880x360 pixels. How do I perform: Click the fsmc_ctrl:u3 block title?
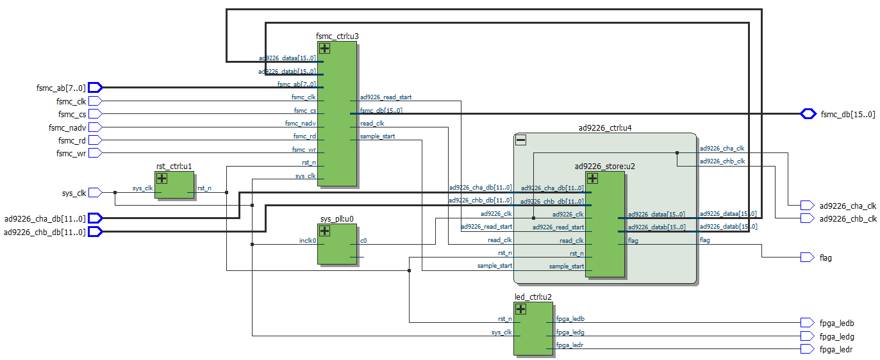click(337, 36)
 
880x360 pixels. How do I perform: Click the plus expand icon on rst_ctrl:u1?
click(162, 179)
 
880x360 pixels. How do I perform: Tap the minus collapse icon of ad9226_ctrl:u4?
click(521, 140)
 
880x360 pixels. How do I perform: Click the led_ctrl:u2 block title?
click(533, 297)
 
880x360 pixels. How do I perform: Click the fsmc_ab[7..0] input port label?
click(61, 88)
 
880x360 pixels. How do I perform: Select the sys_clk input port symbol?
click(95, 192)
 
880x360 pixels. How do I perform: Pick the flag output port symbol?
click(807, 258)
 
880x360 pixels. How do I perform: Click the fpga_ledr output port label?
click(836, 349)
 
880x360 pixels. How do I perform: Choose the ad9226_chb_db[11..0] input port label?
click(44, 232)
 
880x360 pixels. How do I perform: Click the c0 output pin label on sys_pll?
click(363, 241)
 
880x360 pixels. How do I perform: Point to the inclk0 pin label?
click(308, 241)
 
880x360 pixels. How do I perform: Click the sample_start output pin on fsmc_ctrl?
click(378, 136)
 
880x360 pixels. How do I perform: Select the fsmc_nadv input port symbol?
click(95, 127)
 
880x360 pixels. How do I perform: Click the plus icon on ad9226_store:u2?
click(592, 179)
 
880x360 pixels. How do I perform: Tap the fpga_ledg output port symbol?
click(807, 336)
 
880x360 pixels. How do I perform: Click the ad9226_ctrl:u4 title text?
click(604, 127)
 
